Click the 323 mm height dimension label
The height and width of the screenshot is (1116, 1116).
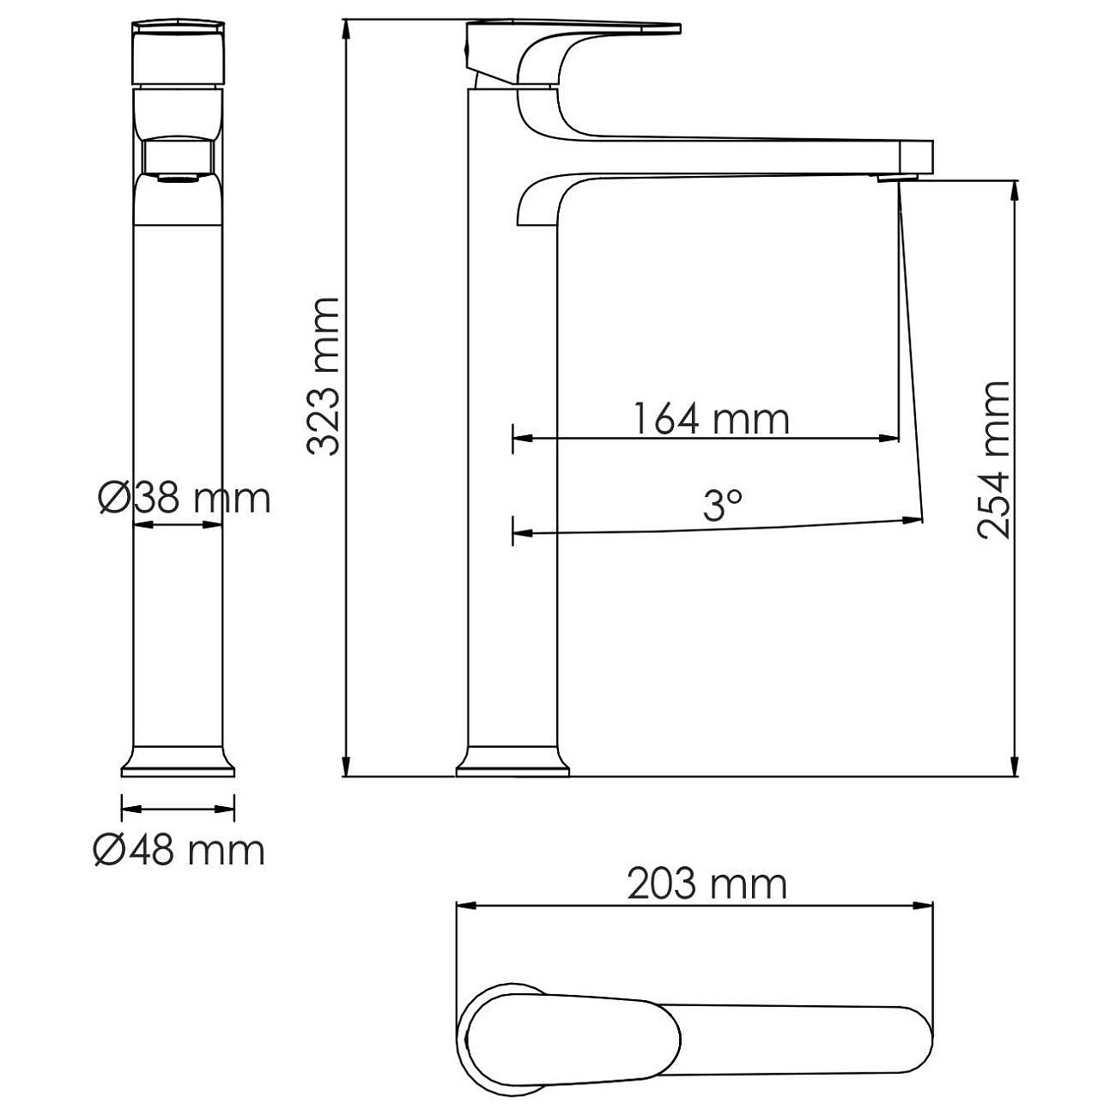[x=324, y=376]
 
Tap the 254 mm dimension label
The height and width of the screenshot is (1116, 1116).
[x=995, y=459]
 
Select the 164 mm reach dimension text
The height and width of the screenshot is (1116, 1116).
[x=711, y=419]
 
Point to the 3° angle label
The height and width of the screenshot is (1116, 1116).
[x=722, y=506]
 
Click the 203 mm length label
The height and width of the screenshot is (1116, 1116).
[x=707, y=883]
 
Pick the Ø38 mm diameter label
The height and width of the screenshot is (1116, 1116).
[x=184, y=497]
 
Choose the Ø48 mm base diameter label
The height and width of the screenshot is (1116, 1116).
[x=179, y=850]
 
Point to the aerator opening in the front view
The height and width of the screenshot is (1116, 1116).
[x=178, y=179]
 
